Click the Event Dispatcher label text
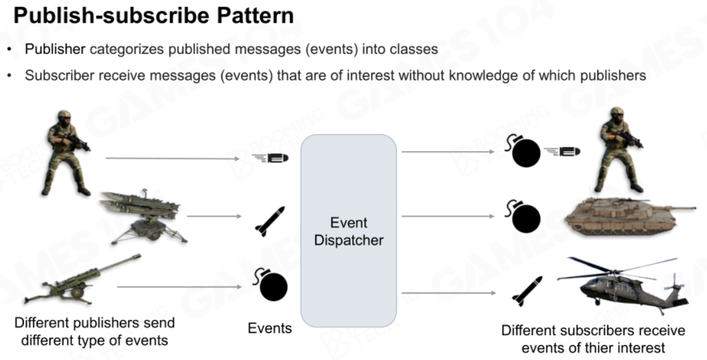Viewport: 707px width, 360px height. click(x=348, y=231)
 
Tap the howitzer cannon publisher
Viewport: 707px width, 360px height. click(x=82, y=280)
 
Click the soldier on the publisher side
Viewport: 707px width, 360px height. click(x=67, y=152)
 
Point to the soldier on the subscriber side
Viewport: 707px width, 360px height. click(x=621, y=149)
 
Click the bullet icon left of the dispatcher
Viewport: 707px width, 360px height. click(x=270, y=158)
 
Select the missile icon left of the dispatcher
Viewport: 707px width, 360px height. click(x=270, y=221)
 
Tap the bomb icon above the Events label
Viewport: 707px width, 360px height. click(x=271, y=284)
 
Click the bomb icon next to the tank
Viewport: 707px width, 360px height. click(x=523, y=217)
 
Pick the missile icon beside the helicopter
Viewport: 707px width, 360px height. click(x=527, y=291)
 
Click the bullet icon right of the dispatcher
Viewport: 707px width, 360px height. click(x=562, y=152)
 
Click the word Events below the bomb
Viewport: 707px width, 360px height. click(x=270, y=328)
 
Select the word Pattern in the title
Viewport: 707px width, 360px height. click(x=255, y=16)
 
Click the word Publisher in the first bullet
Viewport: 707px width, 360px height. click(x=55, y=49)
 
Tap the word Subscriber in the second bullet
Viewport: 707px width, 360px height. click(x=60, y=75)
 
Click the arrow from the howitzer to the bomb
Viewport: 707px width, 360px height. click(x=180, y=287)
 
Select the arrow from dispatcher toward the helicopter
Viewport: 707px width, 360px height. click(x=449, y=293)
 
